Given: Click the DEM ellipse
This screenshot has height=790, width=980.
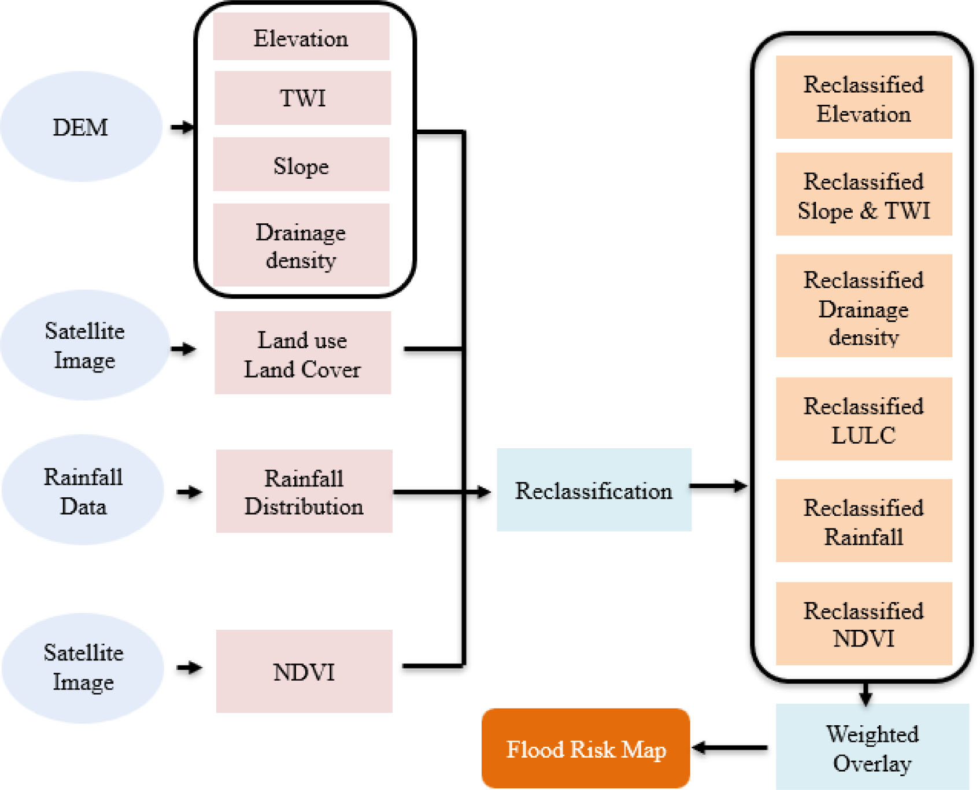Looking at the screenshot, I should pos(81,127).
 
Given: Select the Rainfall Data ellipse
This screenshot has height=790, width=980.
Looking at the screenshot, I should pos(83,490).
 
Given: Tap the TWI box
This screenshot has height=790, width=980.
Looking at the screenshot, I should pos(302,98).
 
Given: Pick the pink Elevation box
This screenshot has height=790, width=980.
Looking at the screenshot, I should pos(301,38).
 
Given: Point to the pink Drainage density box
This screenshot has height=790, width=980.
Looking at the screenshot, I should pos(301,245).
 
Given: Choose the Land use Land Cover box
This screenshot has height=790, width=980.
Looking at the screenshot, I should pos(302,353).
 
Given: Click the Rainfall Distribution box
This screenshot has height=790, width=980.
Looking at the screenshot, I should pos(304,492).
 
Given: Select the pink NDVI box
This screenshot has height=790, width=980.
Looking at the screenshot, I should pos(304,671).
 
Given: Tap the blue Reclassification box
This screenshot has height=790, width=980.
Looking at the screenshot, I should pos(594,490).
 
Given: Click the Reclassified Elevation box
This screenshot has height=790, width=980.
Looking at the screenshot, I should pos(863,98).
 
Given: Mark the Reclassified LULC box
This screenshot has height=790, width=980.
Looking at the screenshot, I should pos(863,419).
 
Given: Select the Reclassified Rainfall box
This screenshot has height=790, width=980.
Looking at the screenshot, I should pos(863,521).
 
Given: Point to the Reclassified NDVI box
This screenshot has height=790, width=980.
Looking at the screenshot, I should pos(863,624).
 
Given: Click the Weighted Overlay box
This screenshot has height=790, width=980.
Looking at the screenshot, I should pos(872,747).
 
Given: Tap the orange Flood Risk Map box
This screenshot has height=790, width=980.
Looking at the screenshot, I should pos(586,748).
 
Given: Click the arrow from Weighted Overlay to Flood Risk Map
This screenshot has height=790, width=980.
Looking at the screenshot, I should pos(730,748).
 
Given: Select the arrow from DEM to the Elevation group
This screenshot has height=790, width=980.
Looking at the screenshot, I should pos(182,127).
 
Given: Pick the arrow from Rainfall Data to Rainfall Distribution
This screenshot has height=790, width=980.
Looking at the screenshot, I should pos(189,492).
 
